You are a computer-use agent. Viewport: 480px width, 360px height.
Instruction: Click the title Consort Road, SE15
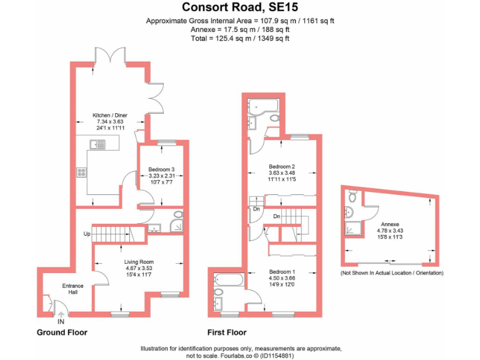[x=240, y=7]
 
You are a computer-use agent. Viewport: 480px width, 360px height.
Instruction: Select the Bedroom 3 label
[x=161, y=169]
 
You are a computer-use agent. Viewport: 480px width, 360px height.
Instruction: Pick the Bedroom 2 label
[x=281, y=166]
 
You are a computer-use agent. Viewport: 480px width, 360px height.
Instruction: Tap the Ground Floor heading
[x=62, y=332]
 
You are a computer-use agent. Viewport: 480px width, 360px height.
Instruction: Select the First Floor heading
[x=227, y=332]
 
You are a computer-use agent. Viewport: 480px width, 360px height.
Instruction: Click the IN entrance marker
[x=60, y=321]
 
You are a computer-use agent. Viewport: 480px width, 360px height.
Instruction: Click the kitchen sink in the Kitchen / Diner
[x=98, y=145]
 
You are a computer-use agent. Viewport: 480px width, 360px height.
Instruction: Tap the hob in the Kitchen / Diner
[x=82, y=173]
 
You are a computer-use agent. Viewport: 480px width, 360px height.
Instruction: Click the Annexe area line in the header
[x=240, y=29]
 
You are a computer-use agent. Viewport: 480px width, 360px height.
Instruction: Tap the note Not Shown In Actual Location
[x=392, y=273]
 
